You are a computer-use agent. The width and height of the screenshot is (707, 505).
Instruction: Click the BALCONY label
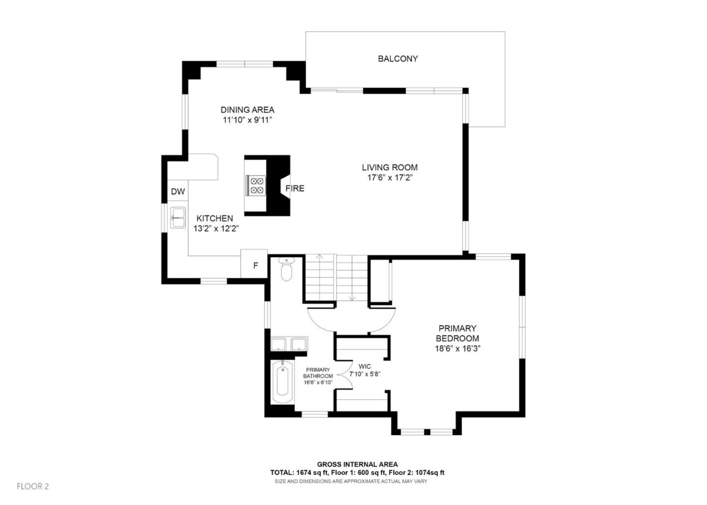[398, 59]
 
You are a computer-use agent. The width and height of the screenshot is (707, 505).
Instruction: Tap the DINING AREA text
[247, 110]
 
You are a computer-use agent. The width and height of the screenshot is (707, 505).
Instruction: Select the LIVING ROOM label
[390, 167]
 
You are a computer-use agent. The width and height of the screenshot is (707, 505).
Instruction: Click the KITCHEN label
[215, 218]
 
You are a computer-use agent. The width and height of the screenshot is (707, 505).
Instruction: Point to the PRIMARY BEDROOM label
[457, 333]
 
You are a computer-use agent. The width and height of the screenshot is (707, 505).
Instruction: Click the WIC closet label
[364, 367]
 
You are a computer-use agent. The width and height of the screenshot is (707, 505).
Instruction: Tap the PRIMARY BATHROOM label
[318, 373]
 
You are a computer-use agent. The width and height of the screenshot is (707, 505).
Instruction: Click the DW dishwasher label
[178, 191]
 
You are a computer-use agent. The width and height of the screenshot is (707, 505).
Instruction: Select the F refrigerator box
[254, 266]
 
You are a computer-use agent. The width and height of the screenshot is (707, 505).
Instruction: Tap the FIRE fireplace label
[295, 188]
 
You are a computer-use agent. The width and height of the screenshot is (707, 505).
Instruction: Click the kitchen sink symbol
[178, 217]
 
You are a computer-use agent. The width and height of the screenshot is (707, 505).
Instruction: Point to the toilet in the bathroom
[286, 270]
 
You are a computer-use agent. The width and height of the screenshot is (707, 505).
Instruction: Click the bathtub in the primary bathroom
[282, 382]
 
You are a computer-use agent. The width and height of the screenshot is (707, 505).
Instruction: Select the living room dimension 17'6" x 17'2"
[390, 178]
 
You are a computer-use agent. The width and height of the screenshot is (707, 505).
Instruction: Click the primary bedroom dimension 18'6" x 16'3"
[457, 349]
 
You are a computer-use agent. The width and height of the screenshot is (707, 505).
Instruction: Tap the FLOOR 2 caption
[33, 486]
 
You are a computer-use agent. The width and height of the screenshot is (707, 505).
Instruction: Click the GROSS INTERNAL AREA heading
[357, 464]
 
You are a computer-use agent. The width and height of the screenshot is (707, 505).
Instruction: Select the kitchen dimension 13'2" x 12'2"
[216, 229]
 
